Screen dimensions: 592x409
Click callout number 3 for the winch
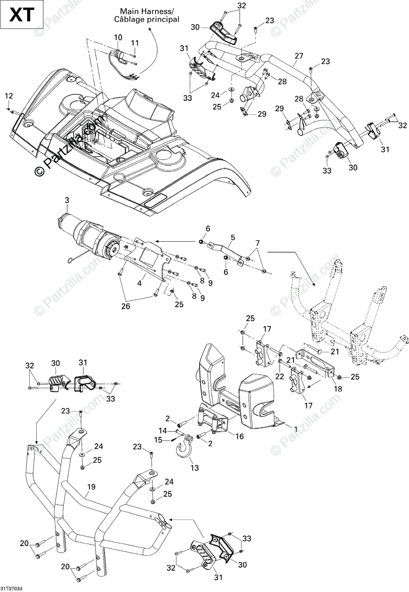[x=67, y=200]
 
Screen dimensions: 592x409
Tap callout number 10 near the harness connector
[x=118, y=37]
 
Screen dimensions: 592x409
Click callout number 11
[x=134, y=43]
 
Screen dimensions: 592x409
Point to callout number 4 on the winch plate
[x=140, y=283]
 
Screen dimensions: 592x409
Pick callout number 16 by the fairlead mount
[x=239, y=436]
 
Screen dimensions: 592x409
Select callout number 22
[x=280, y=376]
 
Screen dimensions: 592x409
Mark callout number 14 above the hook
[x=164, y=430]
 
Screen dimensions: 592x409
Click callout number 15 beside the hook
[x=158, y=440]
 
